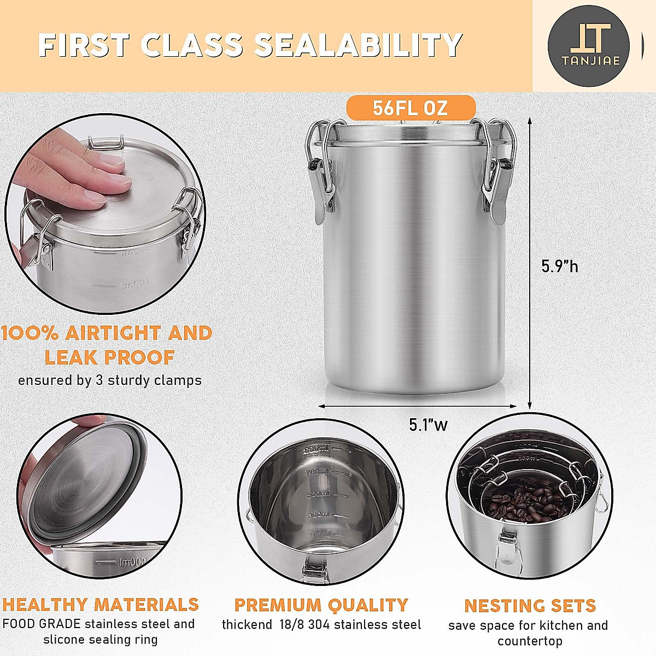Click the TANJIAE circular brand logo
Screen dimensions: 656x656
(588, 46)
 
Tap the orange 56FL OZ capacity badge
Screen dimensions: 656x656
(410, 108)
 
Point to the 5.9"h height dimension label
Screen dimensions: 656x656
(559, 266)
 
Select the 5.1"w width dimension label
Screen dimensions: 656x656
(428, 425)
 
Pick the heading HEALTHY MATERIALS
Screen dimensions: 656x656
(101, 604)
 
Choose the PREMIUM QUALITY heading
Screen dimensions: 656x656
(321, 605)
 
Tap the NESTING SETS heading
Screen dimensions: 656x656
(530, 606)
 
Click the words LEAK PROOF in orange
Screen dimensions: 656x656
(109, 358)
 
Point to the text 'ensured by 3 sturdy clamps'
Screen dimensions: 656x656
(109, 380)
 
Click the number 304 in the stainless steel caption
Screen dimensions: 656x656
(320, 625)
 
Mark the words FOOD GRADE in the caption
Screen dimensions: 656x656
(42, 624)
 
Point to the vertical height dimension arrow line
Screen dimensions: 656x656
(529, 262)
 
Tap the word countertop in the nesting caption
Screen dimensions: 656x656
(530, 641)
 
